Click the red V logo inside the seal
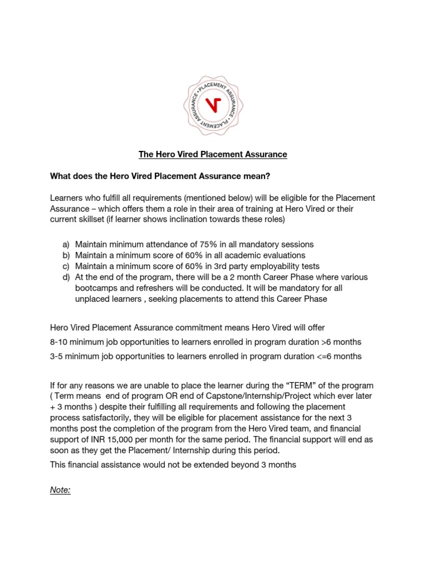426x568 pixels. coord(212,104)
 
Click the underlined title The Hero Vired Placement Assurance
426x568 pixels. coord(213,154)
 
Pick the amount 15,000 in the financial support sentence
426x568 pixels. coord(146,429)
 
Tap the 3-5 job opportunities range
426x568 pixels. coord(58,357)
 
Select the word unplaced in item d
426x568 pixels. coord(92,298)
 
